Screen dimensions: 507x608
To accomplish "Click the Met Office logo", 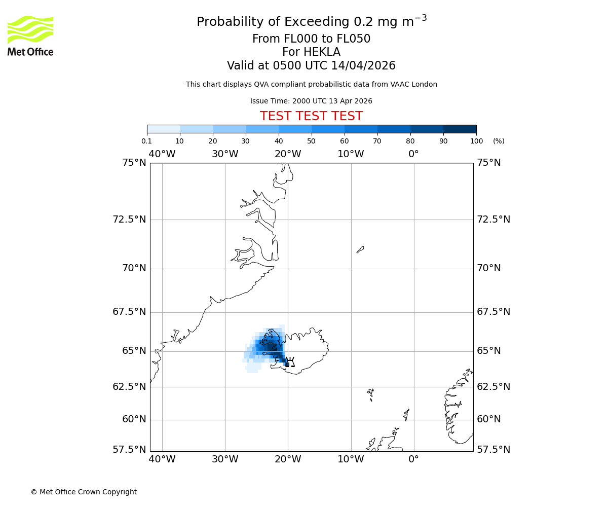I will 30,35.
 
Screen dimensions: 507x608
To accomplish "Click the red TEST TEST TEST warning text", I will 311,117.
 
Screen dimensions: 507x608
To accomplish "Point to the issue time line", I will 311,101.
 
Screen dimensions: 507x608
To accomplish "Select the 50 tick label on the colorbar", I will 311,141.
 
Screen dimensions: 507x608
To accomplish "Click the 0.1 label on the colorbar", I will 147,141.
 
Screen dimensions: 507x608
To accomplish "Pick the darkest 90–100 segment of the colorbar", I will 460,129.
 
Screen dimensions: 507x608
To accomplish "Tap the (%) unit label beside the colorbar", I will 499,141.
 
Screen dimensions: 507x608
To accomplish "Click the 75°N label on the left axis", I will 134,163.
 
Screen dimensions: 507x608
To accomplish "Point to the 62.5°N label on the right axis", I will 493,387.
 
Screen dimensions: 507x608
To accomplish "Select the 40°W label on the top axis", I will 162,154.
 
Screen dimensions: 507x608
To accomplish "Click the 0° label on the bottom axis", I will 413,459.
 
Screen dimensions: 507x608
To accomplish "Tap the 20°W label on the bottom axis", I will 288,459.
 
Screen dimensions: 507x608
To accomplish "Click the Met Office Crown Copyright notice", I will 84,492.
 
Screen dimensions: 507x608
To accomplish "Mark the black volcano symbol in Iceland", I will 289,362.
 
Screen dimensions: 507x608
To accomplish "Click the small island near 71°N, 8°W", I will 360,249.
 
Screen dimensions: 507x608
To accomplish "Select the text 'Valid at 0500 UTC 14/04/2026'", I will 311,66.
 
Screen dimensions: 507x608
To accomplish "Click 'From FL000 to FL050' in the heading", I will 311,39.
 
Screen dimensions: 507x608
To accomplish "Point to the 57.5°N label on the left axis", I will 129,450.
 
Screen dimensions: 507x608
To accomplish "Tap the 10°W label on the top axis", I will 351,154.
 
